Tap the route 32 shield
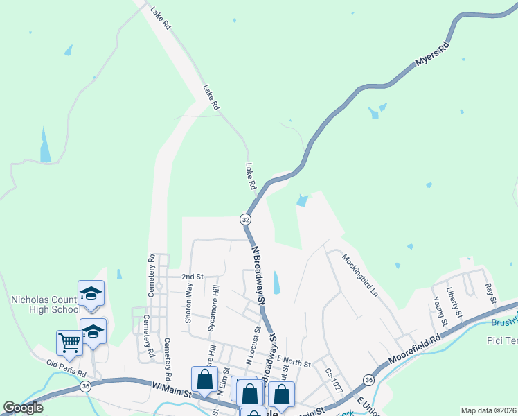pos(246,219)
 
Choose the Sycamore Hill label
pos(215,304)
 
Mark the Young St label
pos(437,310)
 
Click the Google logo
pos(23,408)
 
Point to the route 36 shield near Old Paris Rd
pos(85,386)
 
